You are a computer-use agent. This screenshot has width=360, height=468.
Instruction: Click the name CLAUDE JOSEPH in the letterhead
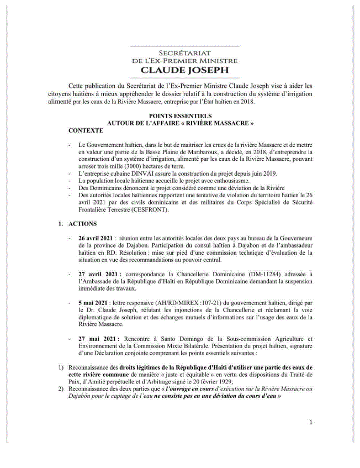179,71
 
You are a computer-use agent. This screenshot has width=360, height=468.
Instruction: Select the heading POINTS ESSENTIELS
181,117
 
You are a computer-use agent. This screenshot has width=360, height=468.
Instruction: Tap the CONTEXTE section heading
86,130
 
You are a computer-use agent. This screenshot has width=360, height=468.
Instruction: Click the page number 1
310,423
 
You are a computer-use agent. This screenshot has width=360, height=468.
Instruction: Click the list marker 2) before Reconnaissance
61,388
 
